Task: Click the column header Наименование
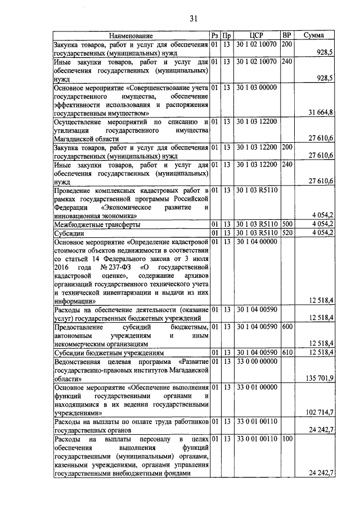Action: (131, 35)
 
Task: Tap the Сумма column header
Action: (313, 35)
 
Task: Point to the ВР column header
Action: (287, 35)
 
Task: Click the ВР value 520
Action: (287, 233)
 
